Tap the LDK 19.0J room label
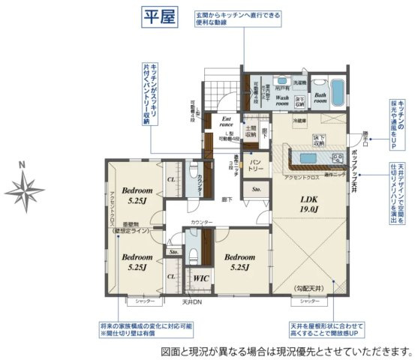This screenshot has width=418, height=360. click(311, 203)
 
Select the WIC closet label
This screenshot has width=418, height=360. click(202, 277)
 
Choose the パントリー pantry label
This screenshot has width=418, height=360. click(255, 165)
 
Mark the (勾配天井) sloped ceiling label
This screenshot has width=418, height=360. click(309, 287)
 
